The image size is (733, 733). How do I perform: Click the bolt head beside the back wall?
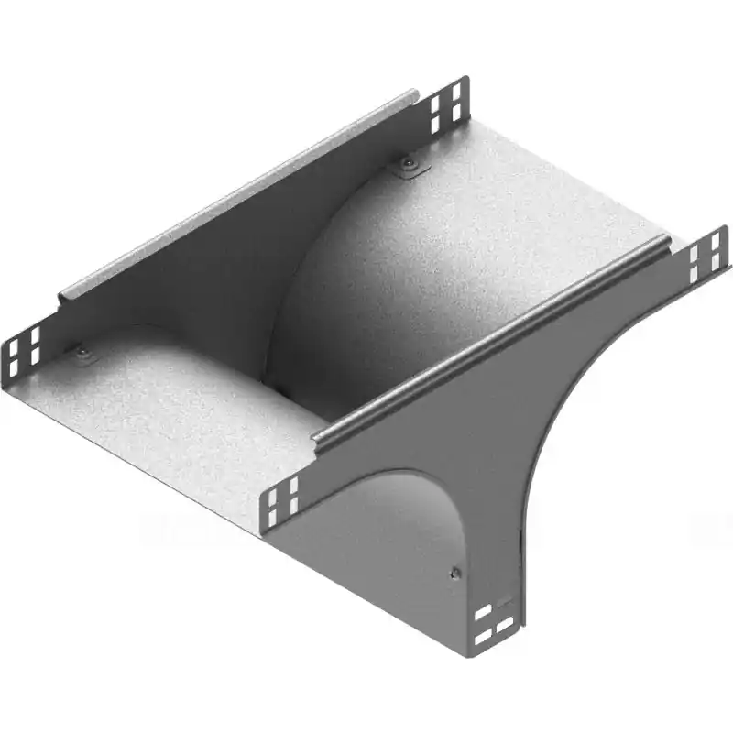[x=406, y=165]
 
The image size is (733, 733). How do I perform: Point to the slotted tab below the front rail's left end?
[x=284, y=502]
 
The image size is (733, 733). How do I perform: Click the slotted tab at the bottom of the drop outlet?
[x=496, y=619]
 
